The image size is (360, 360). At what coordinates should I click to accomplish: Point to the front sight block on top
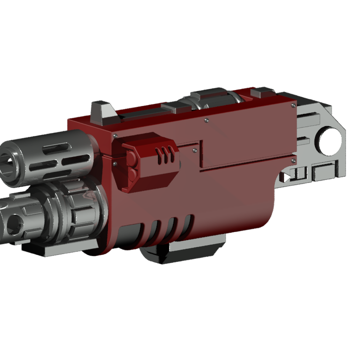pyautogui.click(x=102, y=113)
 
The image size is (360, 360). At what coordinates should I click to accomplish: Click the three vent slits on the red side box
pyautogui.click(x=163, y=155)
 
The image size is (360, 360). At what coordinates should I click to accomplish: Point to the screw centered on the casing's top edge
pyautogui.click(x=206, y=120)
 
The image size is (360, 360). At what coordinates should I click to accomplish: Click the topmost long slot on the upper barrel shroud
pyautogui.click(x=56, y=147)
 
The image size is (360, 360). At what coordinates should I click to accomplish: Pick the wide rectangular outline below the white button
pyautogui.click(x=324, y=173)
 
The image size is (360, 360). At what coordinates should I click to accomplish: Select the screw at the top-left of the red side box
pyautogui.click(x=115, y=136)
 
